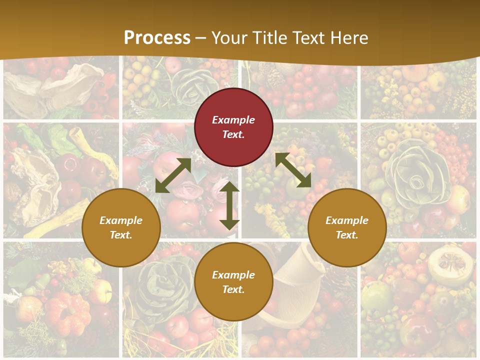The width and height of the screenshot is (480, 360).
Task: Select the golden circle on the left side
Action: [121, 227]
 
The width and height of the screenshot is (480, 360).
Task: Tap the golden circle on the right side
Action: [347, 227]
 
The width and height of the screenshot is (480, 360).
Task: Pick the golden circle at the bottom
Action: [233, 282]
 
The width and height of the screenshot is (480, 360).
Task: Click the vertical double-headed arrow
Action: [229, 205]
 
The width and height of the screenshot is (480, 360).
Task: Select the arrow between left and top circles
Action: [173, 175]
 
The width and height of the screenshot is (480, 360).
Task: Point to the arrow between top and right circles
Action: [293, 170]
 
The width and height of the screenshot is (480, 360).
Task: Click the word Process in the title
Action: [157, 37]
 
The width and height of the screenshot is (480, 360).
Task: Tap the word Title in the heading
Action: [268, 37]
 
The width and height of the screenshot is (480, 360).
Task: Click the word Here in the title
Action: [349, 37]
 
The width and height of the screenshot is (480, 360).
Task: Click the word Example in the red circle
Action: [233, 120]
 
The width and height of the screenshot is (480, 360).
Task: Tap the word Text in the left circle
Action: [121, 235]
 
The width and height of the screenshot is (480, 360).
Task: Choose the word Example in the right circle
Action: [347, 220]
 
